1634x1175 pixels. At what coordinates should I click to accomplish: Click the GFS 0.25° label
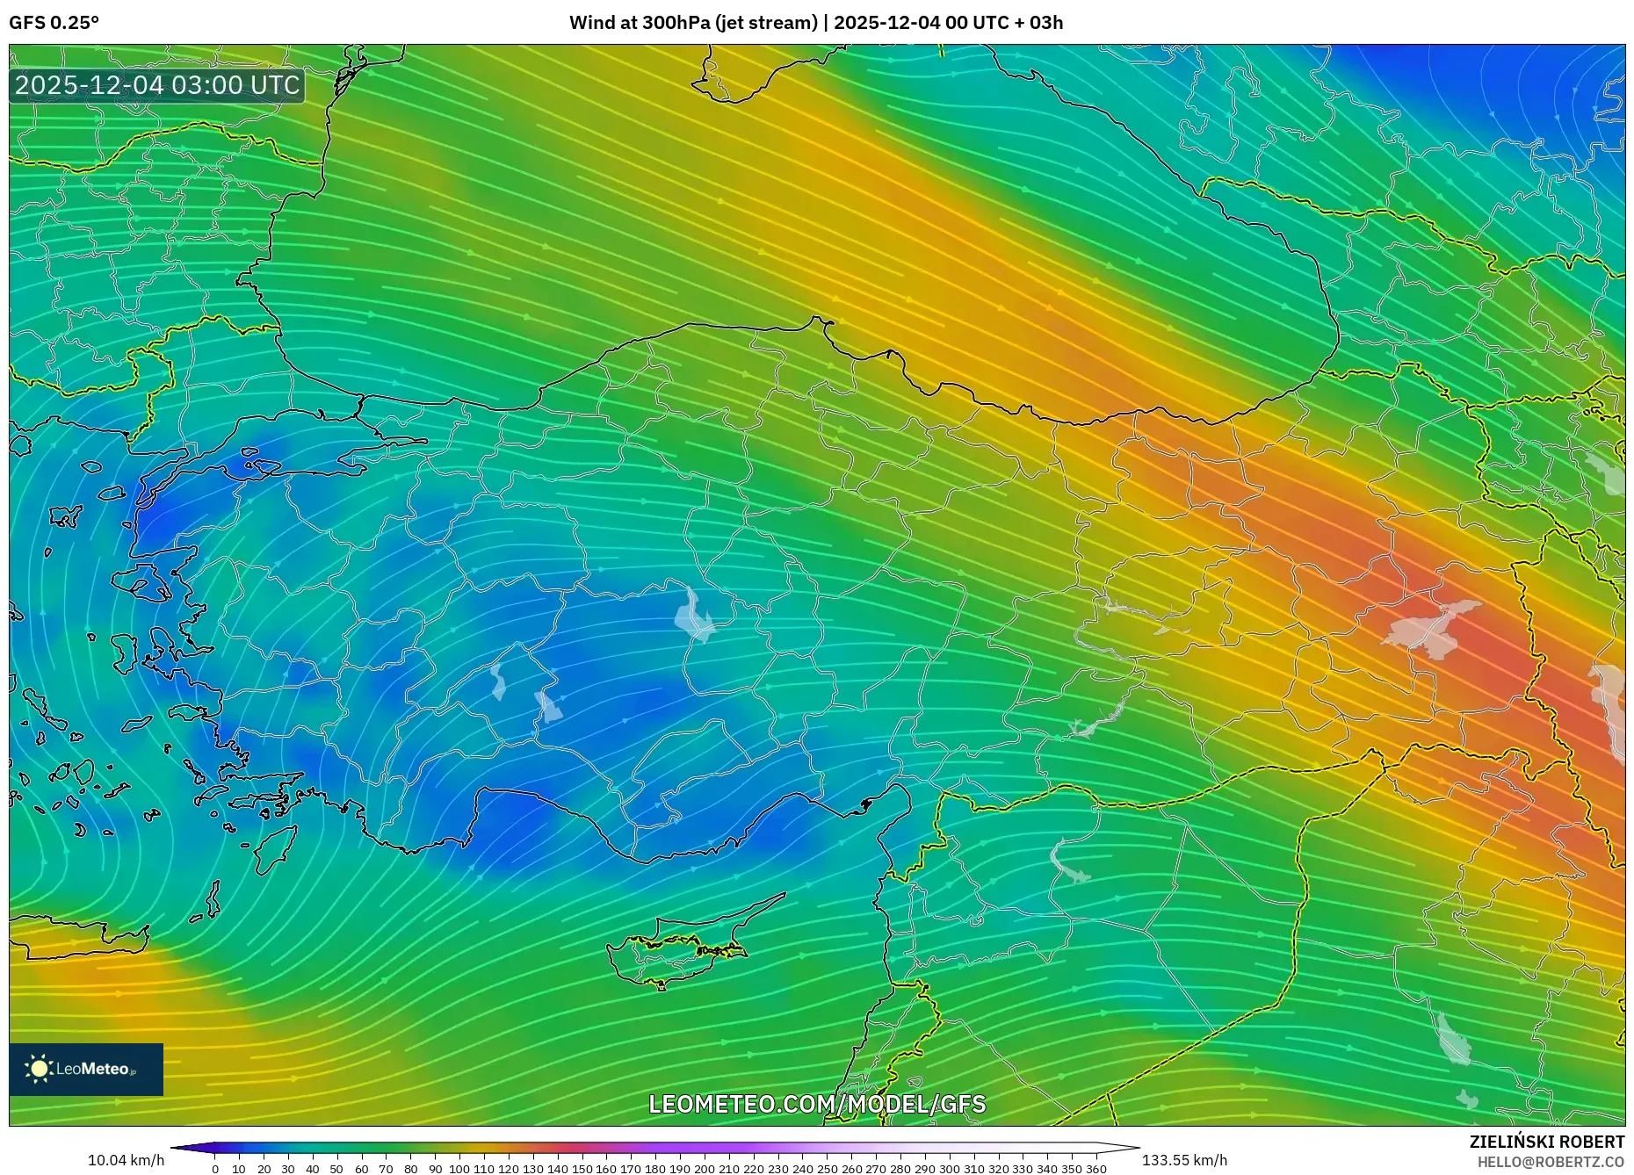point(54,23)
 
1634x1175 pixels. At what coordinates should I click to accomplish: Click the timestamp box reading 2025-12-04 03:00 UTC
point(157,85)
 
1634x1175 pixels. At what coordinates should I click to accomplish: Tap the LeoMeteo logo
point(86,1069)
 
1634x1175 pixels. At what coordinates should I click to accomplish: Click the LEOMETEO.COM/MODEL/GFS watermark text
point(817,1104)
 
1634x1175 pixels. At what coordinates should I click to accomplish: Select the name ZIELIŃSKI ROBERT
point(1546,1142)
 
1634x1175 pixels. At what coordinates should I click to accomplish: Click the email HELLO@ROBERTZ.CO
point(1551,1162)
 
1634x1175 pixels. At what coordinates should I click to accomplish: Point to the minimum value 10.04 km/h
point(126,1160)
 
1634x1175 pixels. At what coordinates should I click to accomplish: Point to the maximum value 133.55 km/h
point(1184,1160)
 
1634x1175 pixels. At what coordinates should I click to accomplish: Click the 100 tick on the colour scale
point(459,1168)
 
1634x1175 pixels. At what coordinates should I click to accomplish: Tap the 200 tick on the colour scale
point(704,1168)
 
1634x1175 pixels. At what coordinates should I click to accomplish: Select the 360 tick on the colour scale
point(1095,1168)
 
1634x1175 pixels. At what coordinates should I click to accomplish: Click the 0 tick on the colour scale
point(215,1168)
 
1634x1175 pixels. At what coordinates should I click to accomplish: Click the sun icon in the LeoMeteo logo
point(39,1069)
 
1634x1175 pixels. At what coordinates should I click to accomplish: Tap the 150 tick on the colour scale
point(582,1168)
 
